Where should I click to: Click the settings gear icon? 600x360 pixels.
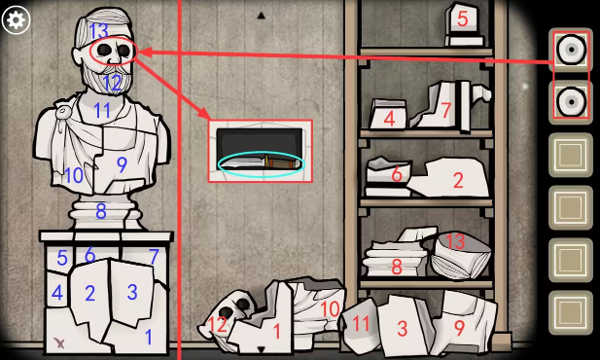pyautogui.click(x=16, y=19)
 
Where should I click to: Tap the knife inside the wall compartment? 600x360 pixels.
pyautogui.click(x=261, y=163)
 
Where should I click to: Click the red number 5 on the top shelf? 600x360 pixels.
pyautogui.click(x=463, y=19)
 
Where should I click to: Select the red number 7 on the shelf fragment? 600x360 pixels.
pyautogui.click(x=446, y=111)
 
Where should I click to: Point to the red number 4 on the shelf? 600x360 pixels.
pyautogui.click(x=389, y=119)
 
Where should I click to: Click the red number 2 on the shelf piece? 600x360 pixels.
pyautogui.click(x=458, y=180)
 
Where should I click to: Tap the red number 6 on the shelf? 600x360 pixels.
pyautogui.click(x=397, y=174)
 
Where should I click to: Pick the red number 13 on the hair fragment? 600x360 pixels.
pyautogui.click(x=455, y=241)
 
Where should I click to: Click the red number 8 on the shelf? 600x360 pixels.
pyautogui.click(x=397, y=267)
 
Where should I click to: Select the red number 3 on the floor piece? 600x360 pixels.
pyautogui.click(x=402, y=329)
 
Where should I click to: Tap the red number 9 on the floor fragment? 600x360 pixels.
pyautogui.click(x=459, y=328)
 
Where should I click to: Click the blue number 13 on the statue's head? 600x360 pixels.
pyautogui.click(x=98, y=30)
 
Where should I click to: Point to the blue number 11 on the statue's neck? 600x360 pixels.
pyautogui.click(x=102, y=110)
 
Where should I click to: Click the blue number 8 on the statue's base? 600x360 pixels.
pyautogui.click(x=100, y=211)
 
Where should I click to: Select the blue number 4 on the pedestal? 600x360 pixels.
pyautogui.click(x=57, y=293)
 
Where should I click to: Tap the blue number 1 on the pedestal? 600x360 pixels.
pyautogui.click(x=149, y=337)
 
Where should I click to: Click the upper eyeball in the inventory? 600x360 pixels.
pyautogui.click(x=571, y=50)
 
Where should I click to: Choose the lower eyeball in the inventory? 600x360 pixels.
pyautogui.click(x=571, y=102)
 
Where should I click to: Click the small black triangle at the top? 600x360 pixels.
pyautogui.click(x=261, y=16)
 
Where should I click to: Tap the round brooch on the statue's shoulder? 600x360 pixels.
pyautogui.click(x=62, y=112)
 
